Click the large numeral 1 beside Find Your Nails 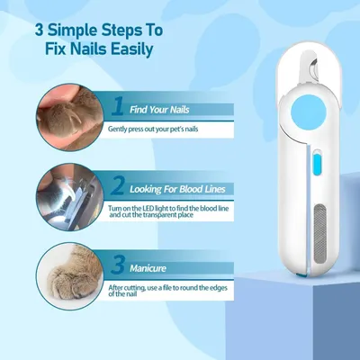pyautogui.click(x=118, y=106)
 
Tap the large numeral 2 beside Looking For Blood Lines pyautogui.click(x=118, y=185)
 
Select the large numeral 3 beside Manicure pyautogui.click(x=117, y=265)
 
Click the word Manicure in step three pyautogui.click(x=148, y=268)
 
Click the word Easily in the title pyautogui.click(x=131, y=49)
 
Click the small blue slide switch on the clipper pyautogui.click(x=316, y=161)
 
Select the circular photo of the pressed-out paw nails pyautogui.click(x=70, y=117)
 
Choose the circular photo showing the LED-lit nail pyautogui.click(x=70, y=197)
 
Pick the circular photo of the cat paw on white pyautogui.click(x=70, y=276)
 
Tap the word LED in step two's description pyautogui.click(x=139, y=208)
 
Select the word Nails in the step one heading pyautogui.click(x=179, y=110)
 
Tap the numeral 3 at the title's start pyautogui.click(x=40, y=31)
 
